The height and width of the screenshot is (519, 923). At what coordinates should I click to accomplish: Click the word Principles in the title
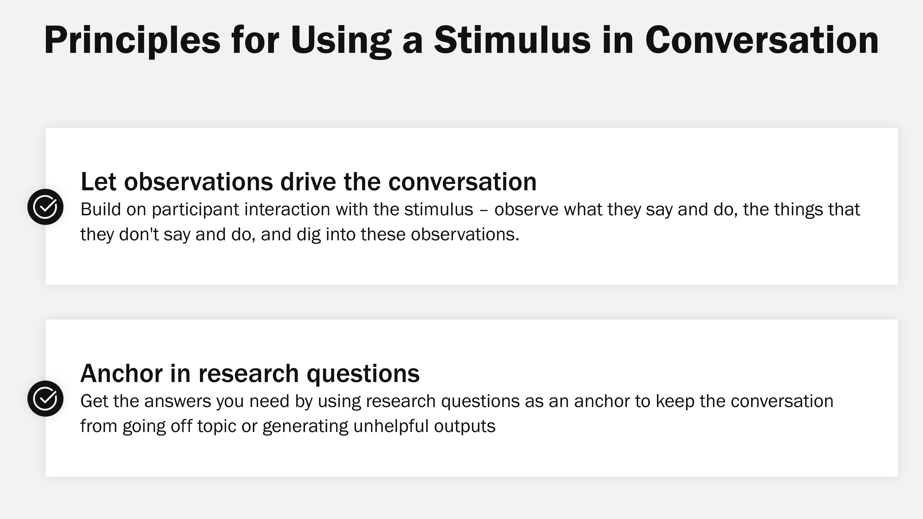[x=132, y=40]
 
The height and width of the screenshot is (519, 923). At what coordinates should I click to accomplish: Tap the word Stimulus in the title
[x=512, y=40]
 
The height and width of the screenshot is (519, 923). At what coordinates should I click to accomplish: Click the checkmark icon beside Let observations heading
[x=45, y=207]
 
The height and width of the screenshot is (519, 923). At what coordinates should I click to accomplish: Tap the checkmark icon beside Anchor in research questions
[x=45, y=398]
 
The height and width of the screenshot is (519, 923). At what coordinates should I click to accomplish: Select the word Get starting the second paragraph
[x=94, y=401]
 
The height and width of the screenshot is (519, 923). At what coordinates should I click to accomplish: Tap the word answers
[x=178, y=401]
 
